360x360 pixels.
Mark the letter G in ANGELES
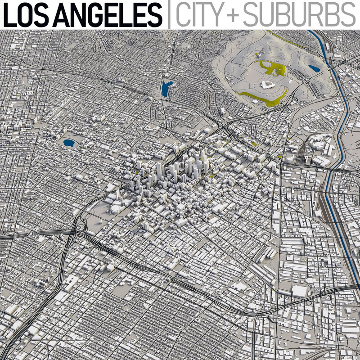(x=91, y=14)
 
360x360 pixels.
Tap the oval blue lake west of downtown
(x=69, y=143)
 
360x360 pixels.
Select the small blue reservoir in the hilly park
(x=314, y=68)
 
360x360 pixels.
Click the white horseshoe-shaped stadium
(x=266, y=85)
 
